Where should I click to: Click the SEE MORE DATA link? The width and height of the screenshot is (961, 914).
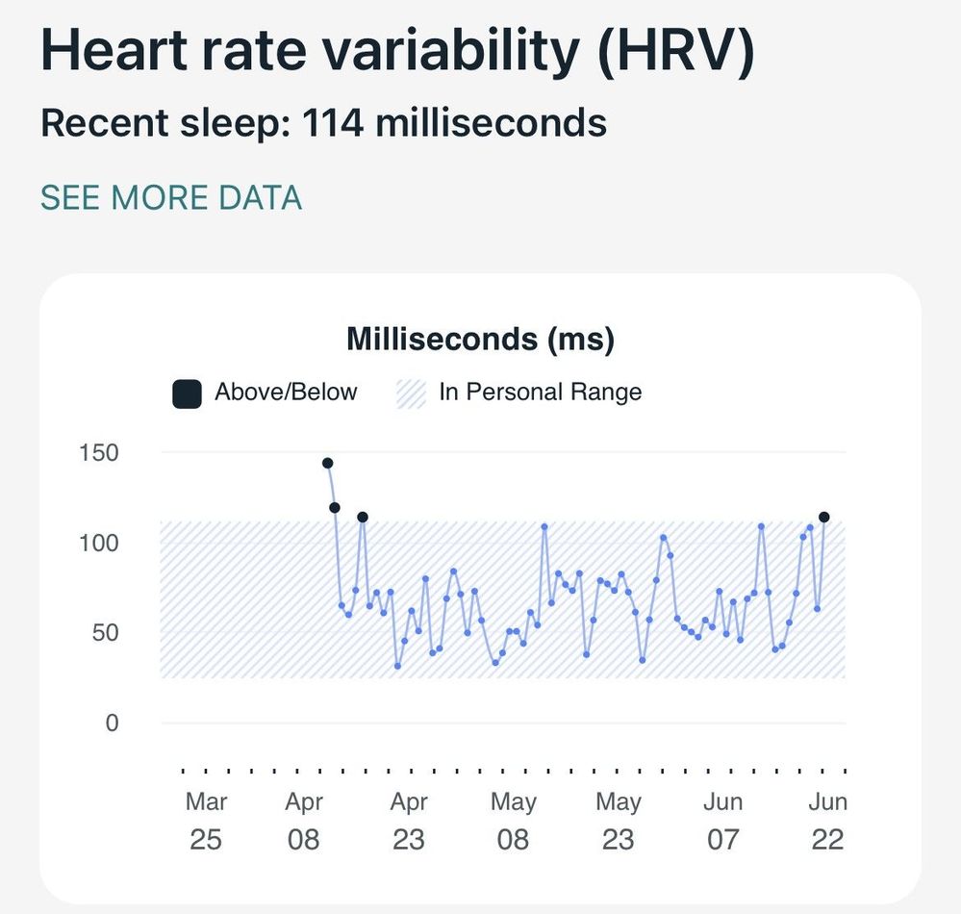(171, 198)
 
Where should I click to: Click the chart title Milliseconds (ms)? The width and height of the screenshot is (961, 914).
(480, 339)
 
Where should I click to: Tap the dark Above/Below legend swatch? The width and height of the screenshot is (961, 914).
(187, 393)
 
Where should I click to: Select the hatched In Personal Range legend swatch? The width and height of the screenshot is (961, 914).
(411, 393)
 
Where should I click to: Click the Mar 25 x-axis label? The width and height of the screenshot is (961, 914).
(206, 820)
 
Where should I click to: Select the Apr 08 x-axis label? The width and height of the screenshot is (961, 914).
(304, 820)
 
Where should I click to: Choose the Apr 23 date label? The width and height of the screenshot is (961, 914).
(409, 820)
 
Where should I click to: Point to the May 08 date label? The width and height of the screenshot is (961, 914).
(514, 820)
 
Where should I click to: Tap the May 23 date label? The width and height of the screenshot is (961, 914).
(619, 820)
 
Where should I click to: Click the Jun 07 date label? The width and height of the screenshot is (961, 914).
(722, 820)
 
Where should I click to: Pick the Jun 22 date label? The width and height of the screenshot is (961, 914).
(827, 820)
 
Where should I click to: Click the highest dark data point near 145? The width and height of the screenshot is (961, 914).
(328, 464)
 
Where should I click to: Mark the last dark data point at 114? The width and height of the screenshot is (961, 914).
(824, 518)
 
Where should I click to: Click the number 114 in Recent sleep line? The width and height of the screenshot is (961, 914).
(332, 123)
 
